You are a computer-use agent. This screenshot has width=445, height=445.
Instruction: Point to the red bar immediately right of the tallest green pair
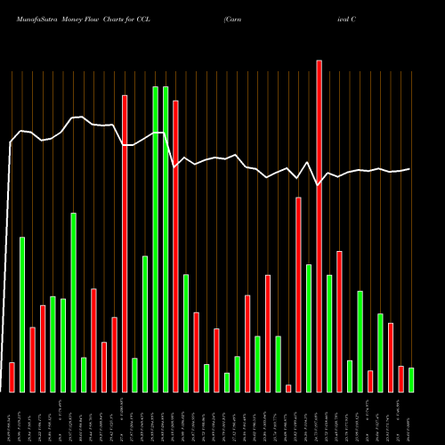click(175, 246)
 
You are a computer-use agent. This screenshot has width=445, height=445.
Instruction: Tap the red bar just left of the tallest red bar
click(298, 294)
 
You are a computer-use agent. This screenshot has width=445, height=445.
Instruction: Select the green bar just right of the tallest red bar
click(329, 333)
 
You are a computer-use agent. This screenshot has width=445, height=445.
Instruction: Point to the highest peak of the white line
click(80, 117)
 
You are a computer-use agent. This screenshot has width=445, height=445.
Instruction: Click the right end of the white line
click(410, 169)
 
